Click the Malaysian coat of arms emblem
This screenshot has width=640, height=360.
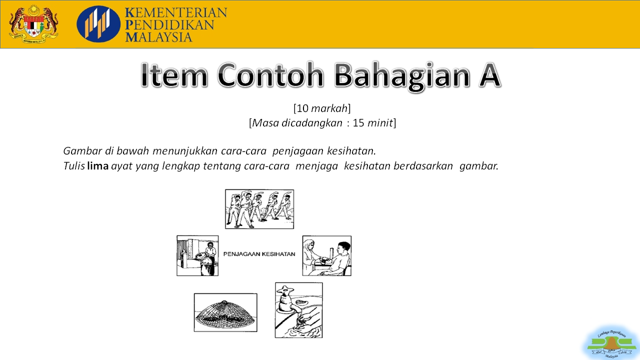[33, 24]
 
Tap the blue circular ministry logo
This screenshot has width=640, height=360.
[98, 24]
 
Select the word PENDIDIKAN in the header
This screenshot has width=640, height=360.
[169, 25]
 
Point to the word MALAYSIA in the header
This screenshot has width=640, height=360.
[159, 37]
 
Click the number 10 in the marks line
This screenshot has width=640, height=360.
[302, 108]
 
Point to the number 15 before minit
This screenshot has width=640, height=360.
[358, 122]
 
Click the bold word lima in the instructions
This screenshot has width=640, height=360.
[97, 166]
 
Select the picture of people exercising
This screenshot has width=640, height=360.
[259, 209]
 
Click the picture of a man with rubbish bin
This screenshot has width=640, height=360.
[197, 255]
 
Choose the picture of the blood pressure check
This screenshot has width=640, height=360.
[326, 255]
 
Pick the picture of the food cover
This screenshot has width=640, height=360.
[225, 312]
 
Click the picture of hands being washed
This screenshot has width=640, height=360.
[298, 310]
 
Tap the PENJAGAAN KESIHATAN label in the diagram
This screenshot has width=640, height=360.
[259, 254]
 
